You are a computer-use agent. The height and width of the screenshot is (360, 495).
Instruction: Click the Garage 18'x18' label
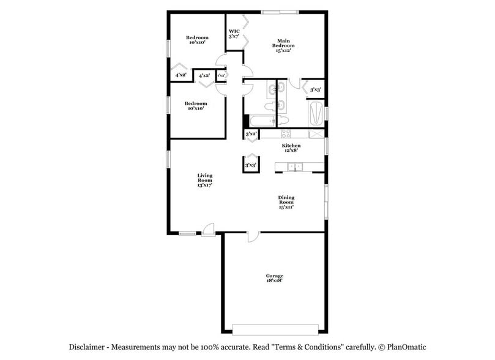(275, 279)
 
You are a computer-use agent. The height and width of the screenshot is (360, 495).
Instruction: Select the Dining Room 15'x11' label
(286, 202)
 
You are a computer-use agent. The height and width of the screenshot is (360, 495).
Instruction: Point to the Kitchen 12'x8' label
(291, 148)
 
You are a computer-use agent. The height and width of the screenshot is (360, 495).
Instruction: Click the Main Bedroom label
(283, 45)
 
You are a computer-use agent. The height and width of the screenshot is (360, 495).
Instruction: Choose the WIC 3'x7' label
(234, 33)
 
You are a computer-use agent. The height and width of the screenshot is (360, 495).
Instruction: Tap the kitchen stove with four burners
(285, 134)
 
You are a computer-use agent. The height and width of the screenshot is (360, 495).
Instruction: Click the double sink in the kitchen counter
(296, 167)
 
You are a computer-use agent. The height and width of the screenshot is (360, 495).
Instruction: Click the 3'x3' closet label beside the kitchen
(250, 165)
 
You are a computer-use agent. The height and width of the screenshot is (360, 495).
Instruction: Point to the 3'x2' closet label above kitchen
(250, 133)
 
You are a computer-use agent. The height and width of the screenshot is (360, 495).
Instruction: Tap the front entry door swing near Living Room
(208, 229)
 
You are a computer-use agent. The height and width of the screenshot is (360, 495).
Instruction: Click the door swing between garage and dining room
(253, 236)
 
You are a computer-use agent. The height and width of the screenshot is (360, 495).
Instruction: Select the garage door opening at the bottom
(275, 326)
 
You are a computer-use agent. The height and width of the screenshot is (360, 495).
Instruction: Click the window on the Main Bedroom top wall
(280, 12)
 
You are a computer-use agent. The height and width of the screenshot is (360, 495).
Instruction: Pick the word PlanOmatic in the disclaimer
(401, 346)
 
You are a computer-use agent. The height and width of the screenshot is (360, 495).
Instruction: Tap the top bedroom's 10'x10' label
(197, 43)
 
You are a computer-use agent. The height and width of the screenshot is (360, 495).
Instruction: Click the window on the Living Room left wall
(168, 160)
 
